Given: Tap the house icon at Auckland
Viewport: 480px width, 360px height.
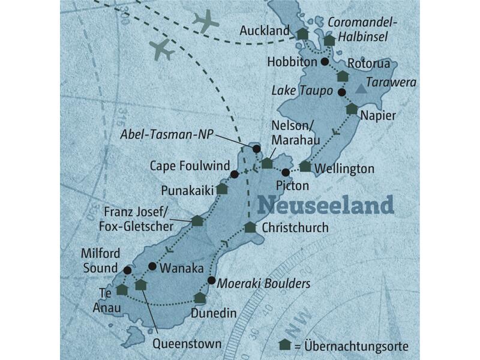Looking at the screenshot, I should (x=302, y=34).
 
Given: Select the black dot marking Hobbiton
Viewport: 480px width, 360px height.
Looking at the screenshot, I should (x=325, y=62).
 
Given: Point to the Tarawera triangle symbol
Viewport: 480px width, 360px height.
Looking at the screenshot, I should (x=359, y=89).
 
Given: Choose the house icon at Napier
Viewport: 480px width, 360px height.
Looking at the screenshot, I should (x=351, y=109).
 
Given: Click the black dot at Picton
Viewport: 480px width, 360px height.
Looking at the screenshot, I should (x=286, y=173).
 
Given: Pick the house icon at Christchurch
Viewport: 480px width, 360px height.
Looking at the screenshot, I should (x=250, y=227).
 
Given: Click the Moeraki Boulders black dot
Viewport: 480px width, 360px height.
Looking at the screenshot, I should (x=211, y=280).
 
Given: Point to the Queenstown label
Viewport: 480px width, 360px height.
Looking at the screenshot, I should (x=186, y=344).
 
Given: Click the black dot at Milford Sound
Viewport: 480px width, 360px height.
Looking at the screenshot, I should (x=127, y=269).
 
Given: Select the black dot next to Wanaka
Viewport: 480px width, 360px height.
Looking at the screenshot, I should (x=152, y=266).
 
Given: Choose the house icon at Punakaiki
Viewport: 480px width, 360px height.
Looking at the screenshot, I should (x=222, y=189).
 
